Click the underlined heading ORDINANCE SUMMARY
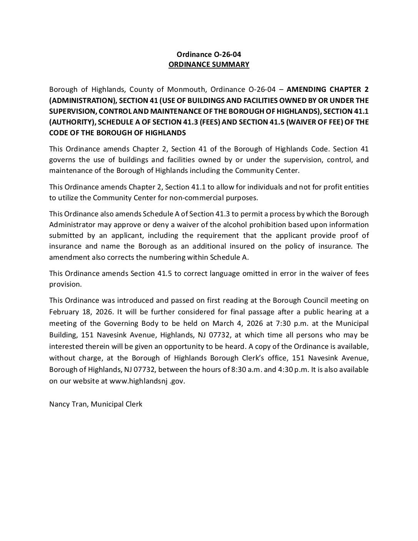pyautogui.click(x=209, y=65)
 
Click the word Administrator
pyautogui.click(x=71, y=224)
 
